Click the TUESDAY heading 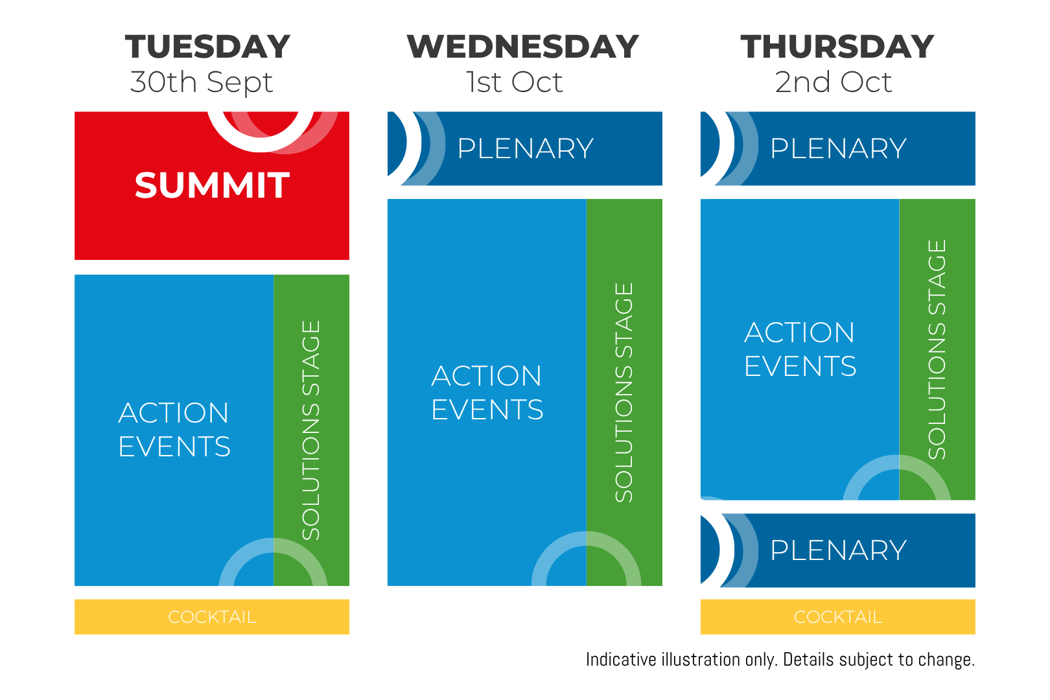207,47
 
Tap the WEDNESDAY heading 522,47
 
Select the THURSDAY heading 837,47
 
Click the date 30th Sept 202,82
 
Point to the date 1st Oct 514,82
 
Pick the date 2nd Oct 834,82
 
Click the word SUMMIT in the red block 213,185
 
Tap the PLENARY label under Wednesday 526,148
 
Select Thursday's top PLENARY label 839,148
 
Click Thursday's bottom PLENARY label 839,550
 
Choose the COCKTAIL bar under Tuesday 212,616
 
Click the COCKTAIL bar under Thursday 838,616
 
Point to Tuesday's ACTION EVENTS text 174,430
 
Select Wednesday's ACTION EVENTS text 487,392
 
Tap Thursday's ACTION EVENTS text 800,349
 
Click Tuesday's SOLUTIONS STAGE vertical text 310,430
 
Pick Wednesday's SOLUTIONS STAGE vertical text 624,392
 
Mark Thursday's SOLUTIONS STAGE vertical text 937,349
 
